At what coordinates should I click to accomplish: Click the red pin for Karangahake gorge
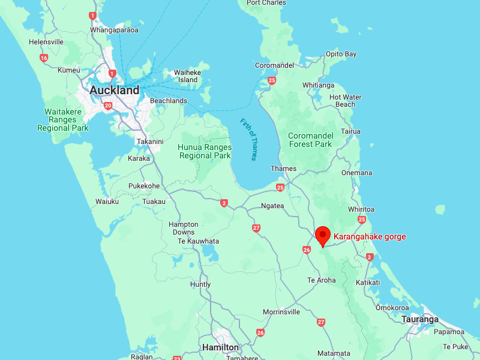click(323, 235)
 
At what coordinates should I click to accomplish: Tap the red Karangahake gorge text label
click(370, 237)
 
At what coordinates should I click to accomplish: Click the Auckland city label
click(114, 91)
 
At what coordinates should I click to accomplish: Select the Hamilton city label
click(220, 347)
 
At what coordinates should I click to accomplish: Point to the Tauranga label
click(420, 319)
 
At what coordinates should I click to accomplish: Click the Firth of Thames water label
click(248, 139)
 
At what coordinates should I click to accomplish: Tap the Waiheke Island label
click(188, 76)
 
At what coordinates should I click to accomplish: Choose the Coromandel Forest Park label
click(310, 140)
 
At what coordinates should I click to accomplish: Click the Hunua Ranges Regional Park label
click(205, 151)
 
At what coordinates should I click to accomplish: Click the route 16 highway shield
click(44, 58)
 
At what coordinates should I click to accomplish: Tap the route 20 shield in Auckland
click(108, 106)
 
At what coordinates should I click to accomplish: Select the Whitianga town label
click(319, 85)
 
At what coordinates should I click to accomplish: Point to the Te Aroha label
click(322, 280)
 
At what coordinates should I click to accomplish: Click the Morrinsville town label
click(281, 312)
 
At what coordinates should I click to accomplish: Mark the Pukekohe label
click(144, 186)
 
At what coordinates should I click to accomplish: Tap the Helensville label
click(46, 42)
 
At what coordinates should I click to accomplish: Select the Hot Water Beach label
click(345, 101)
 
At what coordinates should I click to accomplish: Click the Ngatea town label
click(272, 205)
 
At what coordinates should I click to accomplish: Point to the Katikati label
click(368, 282)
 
